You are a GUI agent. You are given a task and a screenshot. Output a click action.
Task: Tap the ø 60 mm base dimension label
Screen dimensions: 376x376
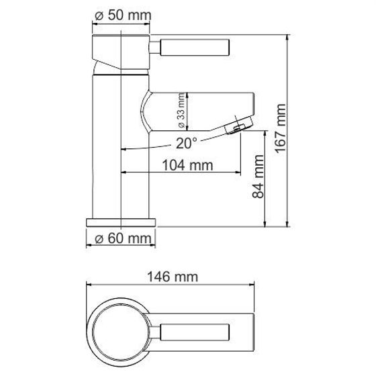(121, 238)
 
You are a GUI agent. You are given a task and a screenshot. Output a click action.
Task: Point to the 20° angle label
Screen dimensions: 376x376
(187, 143)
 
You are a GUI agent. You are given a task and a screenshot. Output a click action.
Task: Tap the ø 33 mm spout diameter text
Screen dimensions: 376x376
(181, 111)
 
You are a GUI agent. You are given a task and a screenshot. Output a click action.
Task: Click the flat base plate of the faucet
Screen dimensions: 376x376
(121, 222)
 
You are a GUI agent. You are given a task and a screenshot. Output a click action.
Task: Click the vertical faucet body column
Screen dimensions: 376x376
(121, 161)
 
